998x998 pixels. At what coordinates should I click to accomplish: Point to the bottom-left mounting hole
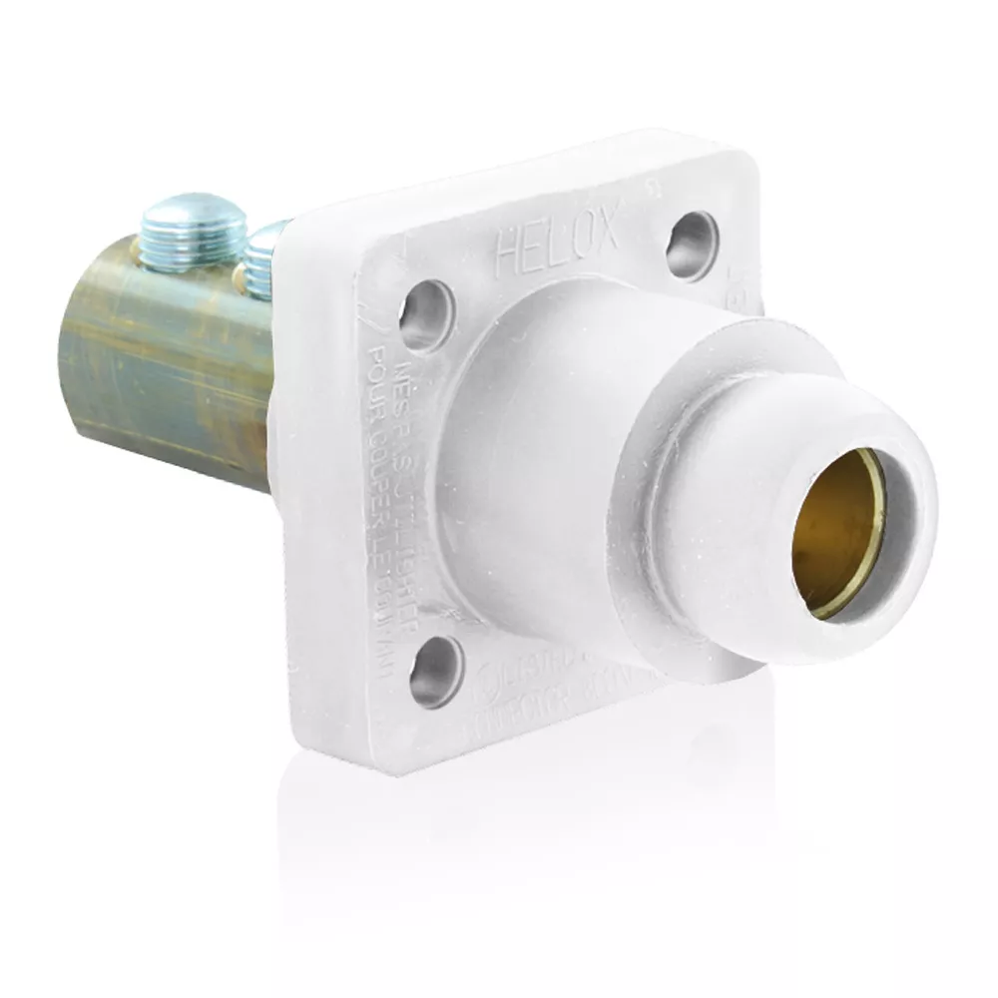436,671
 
